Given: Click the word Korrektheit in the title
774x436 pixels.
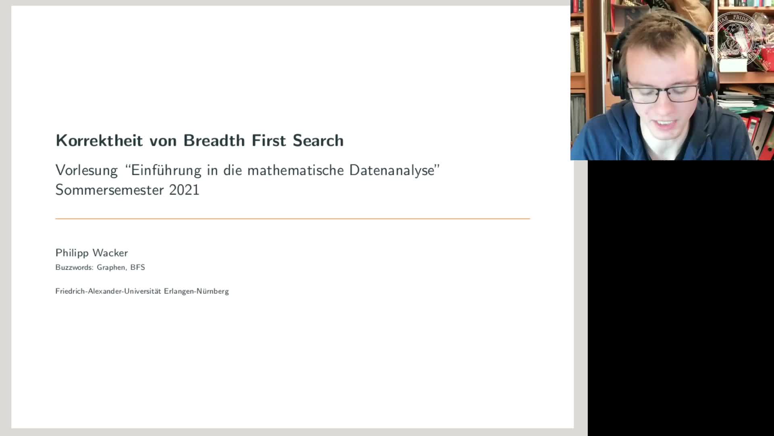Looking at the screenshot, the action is coord(99,140).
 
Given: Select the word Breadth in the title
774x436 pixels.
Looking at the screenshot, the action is coord(214,140).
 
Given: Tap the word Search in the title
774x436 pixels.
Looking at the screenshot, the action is coord(318,140).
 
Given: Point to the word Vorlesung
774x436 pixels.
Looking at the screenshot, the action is coord(87,170).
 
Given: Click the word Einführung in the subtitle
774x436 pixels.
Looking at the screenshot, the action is coord(166,170).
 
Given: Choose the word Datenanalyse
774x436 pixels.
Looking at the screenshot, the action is coord(392,170).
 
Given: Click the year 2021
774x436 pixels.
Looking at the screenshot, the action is coord(184,190).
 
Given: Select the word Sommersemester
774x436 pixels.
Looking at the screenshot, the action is coord(109,190).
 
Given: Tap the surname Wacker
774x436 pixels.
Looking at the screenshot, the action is coord(110,253).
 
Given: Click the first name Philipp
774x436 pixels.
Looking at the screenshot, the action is coord(72,253).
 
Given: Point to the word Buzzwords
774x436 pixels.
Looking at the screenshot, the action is coord(74,267).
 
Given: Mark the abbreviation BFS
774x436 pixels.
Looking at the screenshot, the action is coord(137,267).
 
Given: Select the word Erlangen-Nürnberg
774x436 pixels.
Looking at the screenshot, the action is coord(196,291).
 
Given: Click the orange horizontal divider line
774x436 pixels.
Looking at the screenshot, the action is coord(293,219).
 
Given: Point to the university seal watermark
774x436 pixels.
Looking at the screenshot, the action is coord(734,39).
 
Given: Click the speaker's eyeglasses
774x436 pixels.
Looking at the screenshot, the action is coord(664,93).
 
